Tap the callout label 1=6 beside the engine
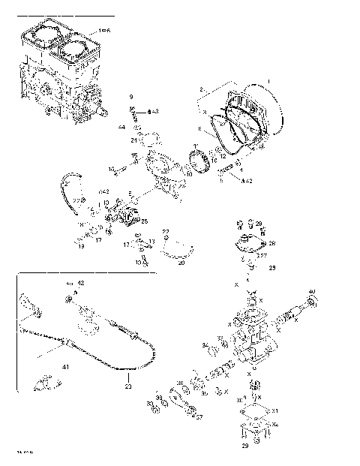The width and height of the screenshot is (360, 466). (104, 30)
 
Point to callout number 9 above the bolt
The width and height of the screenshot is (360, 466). (130, 98)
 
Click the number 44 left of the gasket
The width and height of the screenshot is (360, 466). (121, 128)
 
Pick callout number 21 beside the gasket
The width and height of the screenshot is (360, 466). (133, 140)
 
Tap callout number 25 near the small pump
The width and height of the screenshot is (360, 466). (144, 221)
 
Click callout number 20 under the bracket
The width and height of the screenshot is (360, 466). (180, 263)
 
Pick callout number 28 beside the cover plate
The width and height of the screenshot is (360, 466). (272, 242)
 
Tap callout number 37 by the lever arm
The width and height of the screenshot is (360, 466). (199, 418)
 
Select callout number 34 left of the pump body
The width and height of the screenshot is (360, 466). (204, 345)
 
